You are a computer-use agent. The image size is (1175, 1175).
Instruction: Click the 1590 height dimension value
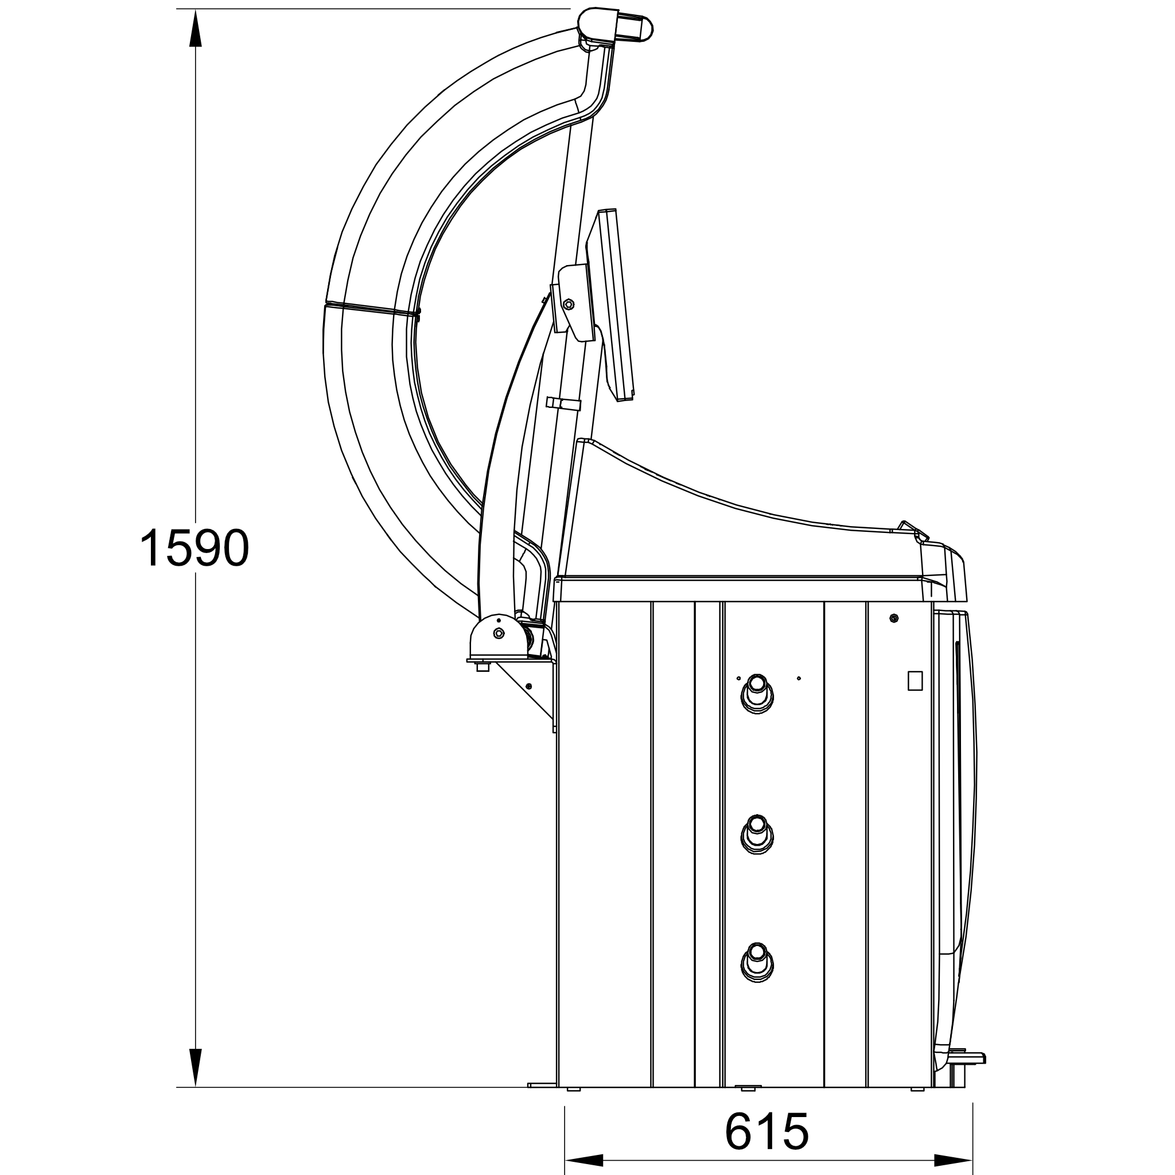point(194,548)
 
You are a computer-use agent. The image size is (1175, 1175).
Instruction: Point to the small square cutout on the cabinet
point(915,680)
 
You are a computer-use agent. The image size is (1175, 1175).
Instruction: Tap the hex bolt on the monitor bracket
point(569,304)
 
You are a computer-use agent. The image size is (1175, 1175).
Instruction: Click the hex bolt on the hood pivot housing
point(499,634)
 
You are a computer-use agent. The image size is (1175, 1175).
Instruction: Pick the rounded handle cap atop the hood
point(636,28)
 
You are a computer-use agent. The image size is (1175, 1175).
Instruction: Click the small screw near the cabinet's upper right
point(893,618)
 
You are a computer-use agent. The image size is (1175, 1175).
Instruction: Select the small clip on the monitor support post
point(563,404)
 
